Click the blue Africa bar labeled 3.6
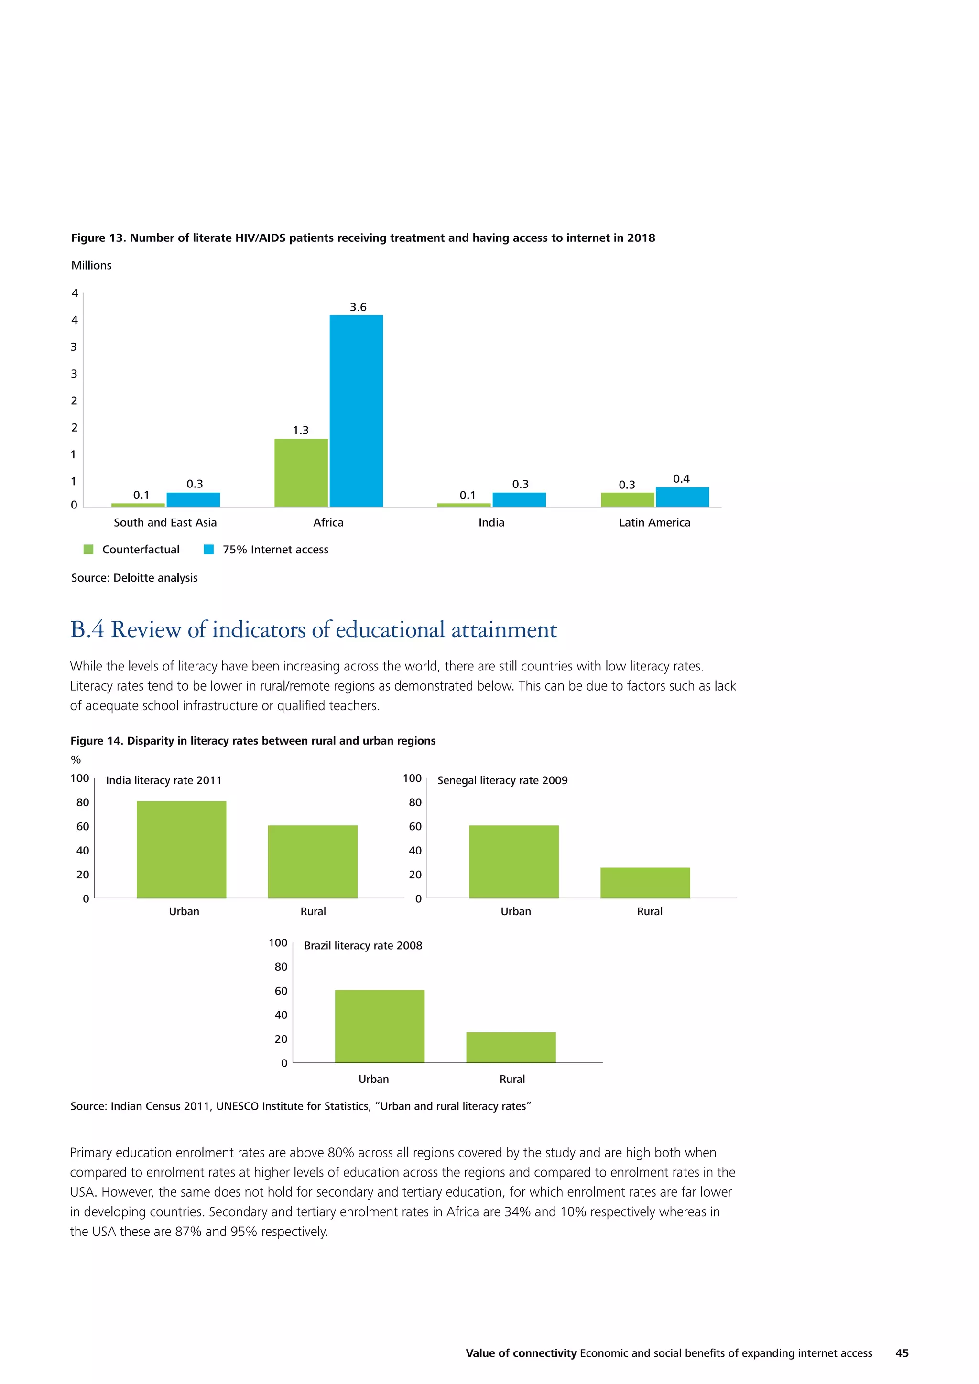[x=356, y=411]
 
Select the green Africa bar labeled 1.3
[x=301, y=473]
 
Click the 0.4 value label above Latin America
[x=681, y=478]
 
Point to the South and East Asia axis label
[x=165, y=523]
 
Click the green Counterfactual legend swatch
[x=88, y=549]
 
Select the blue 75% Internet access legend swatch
[x=208, y=549]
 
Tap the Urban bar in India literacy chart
[x=182, y=849]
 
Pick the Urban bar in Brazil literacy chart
[x=380, y=1026]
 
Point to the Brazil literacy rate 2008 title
[x=363, y=945]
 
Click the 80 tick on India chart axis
[x=83, y=802]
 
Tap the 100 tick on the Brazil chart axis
[x=278, y=943]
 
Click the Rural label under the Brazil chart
[x=512, y=1079]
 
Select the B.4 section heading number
[x=87, y=629]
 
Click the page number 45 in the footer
[x=902, y=1352]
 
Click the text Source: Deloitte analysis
[x=134, y=577]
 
